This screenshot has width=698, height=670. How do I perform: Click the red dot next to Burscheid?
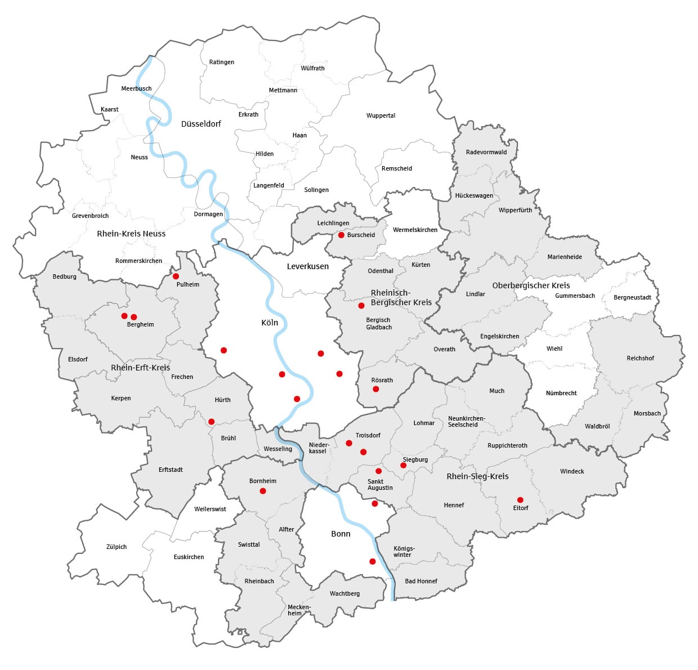[x=341, y=235]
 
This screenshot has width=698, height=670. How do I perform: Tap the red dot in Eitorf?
[x=520, y=500]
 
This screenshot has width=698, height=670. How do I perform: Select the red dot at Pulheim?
[x=176, y=276]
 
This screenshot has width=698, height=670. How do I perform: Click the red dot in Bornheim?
[x=263, y=491]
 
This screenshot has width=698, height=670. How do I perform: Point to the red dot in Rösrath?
[x=375, y=389]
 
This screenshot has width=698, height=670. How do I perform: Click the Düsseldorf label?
[x=201, y=124]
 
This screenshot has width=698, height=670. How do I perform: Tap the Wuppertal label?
[x=381, y=115]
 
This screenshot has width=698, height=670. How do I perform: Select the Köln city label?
[x=270, y=323]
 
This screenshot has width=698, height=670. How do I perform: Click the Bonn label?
[x=341, y=534]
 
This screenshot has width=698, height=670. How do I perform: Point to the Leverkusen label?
[x=307, y=266]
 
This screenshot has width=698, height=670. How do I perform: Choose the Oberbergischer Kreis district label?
[x=531, y=285]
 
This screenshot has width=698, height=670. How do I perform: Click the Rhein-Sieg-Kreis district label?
[x=477, y=476]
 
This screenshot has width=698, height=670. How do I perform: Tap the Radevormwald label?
[x=486, y=152]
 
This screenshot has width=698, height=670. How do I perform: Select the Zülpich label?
[x=117, y=547]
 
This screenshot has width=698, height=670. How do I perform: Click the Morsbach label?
[x=647, y=413]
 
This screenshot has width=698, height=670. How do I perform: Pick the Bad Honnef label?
[x=421, y=581]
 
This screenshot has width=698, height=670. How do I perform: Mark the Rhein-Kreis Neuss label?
[x=131, y=234]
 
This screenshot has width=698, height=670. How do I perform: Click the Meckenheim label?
[x=298, y=610]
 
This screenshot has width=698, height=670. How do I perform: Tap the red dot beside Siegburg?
[x=403, y=465]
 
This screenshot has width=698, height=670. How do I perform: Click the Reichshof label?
[x=640, y=358]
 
